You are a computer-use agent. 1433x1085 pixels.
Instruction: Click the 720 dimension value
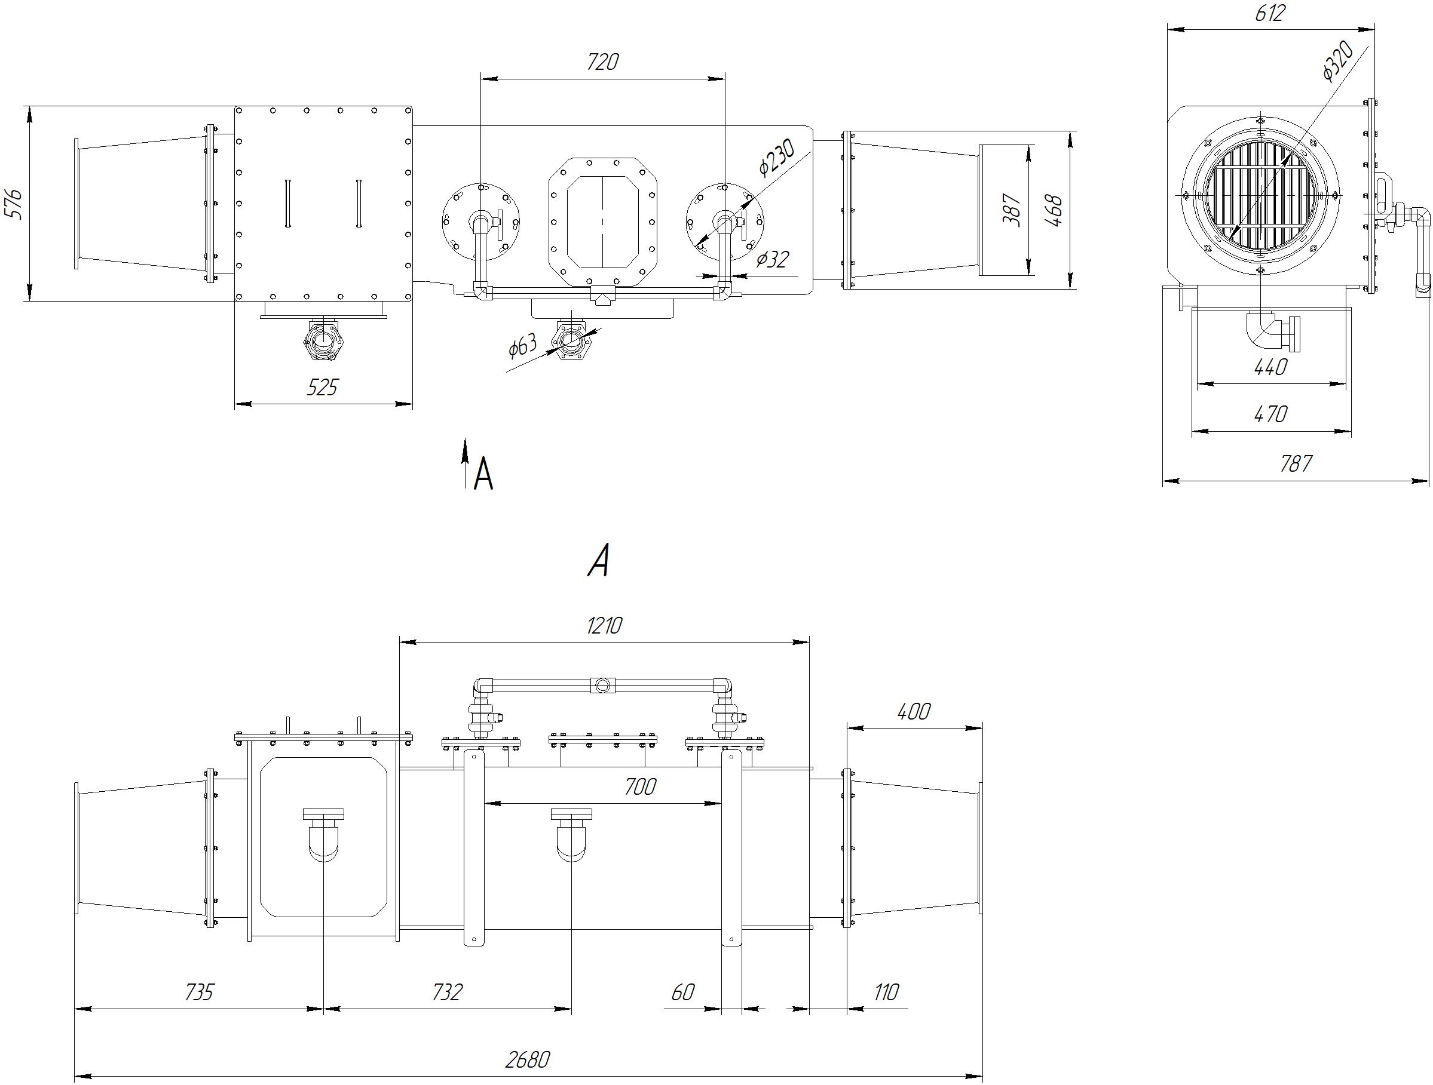602,62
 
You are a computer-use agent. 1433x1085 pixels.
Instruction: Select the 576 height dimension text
14,204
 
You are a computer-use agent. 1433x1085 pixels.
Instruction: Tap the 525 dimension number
322,388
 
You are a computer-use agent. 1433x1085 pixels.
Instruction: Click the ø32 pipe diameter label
772,260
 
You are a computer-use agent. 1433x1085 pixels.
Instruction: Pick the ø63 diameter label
523,346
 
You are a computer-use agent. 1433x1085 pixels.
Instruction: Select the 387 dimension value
1011,209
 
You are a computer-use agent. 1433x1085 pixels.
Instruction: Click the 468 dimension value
1054,210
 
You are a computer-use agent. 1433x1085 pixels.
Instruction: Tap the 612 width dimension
1269,14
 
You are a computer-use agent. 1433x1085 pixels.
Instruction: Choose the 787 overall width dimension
1296,463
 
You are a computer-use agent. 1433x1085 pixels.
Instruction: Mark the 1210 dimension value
604,626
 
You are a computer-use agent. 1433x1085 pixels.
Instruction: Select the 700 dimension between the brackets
640,787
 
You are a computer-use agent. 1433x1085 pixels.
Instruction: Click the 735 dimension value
199,992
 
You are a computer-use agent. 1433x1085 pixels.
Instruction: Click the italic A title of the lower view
599,561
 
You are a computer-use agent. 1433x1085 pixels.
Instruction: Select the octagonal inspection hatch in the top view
602,222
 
